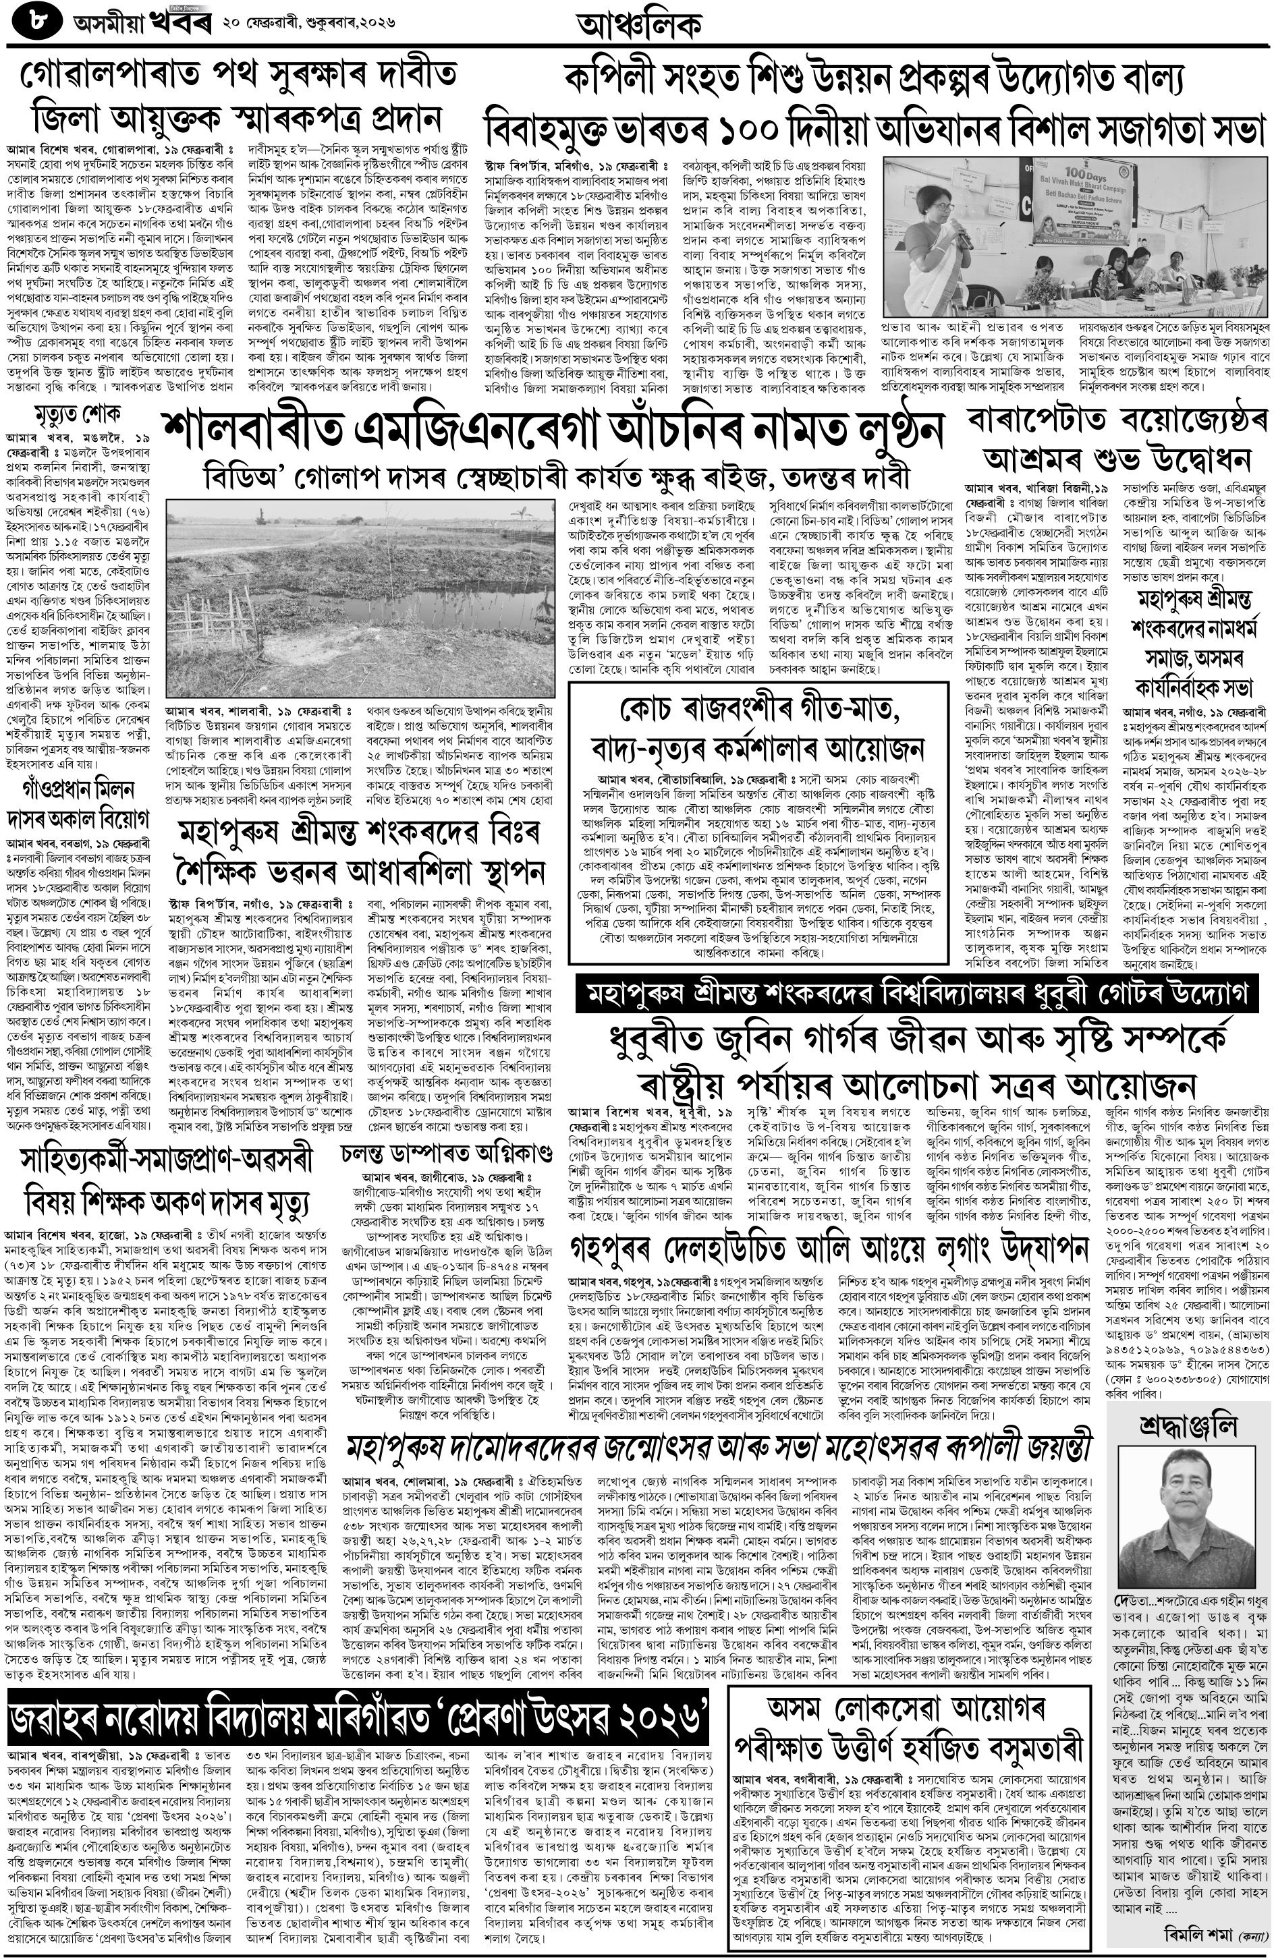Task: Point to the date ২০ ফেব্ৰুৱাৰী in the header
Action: click(267, 24)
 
